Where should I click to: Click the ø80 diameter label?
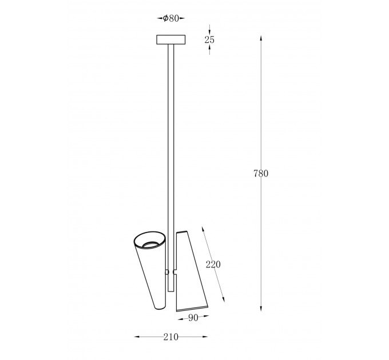tap(171, 18)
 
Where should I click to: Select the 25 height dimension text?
tap(209, 39)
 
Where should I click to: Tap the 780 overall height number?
tap(261, 174)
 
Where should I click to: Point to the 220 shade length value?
tap(213, 265)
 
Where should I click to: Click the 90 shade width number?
tap(193, 318)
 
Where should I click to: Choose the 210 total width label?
tap(170, 337)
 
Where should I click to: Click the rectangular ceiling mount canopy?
tap(170, 39)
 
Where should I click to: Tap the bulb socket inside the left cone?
tap(150, 245)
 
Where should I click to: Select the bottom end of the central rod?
tap(170, 291)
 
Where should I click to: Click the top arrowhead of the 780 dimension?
tap(261, 38)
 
